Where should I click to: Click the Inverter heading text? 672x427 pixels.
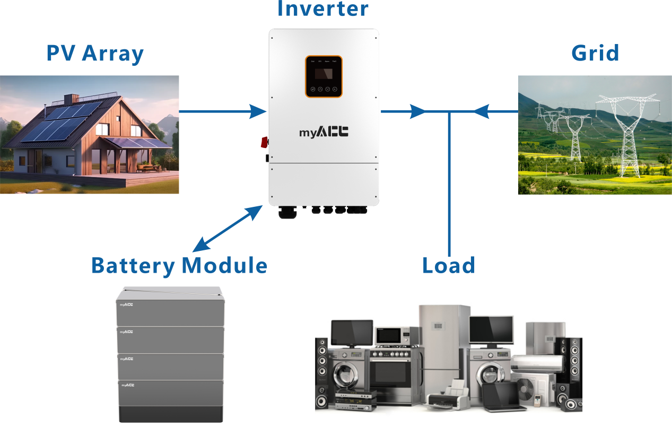tap(322, 8)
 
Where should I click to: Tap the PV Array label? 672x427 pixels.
tap(95, 54)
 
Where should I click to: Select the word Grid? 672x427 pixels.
tap(595, 53)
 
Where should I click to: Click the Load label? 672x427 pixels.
tap(449, 265)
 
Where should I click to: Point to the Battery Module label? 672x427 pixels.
tap(179, 265)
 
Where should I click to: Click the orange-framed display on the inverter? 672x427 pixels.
tap(324, 76)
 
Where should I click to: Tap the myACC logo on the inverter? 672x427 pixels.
tap(324, 132)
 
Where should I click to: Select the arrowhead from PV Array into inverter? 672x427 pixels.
tap(258, 111)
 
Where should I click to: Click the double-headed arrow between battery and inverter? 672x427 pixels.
tap(227, 228)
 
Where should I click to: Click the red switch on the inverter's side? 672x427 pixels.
tap(263, 142)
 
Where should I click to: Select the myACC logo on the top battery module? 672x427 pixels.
tap(126, 305)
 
